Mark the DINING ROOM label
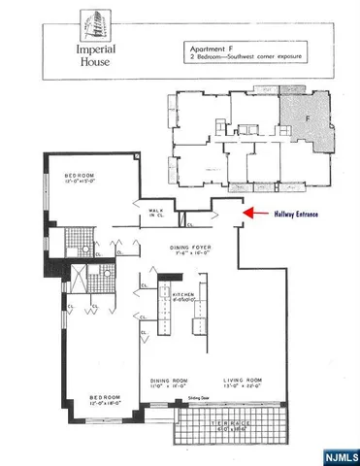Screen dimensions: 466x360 [166, 380]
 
